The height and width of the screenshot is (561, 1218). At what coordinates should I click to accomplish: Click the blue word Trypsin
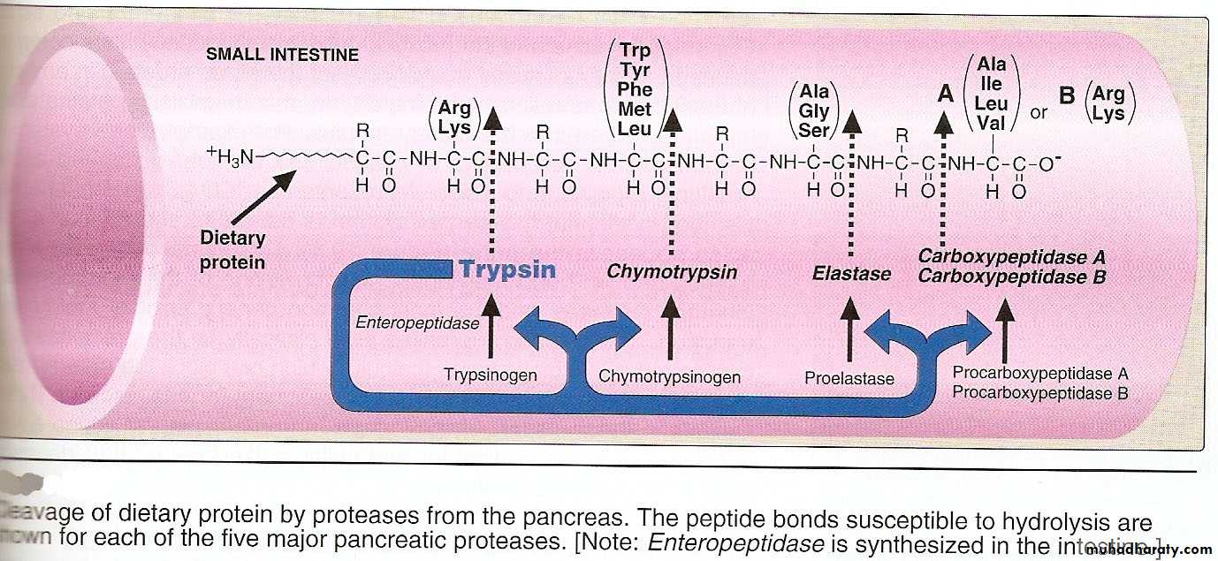(507, 269)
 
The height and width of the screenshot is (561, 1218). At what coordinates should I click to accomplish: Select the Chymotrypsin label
(671, 271)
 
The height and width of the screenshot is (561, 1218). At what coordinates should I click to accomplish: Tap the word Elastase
(851, 273)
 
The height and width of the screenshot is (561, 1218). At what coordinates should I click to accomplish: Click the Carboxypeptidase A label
(1011, 257)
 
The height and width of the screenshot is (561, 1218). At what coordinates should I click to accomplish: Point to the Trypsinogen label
(491, 375)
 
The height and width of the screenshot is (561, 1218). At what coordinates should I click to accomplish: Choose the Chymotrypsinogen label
(669, 377)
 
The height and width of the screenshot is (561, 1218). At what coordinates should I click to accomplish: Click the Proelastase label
(849, 378)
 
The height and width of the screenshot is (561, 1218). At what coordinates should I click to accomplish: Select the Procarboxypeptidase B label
(1039, 393)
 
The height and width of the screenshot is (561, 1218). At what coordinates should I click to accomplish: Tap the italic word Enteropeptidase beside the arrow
(417, 323)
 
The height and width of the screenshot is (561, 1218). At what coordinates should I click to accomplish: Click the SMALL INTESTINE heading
(282, 55)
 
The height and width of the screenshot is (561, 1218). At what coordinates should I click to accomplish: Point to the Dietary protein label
(232, 250)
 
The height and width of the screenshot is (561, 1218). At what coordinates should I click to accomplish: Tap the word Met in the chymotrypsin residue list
(635, 110)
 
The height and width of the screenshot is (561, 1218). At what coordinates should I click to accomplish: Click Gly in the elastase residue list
(813, 111)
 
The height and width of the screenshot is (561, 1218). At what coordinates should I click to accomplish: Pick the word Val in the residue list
(991, 124)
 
